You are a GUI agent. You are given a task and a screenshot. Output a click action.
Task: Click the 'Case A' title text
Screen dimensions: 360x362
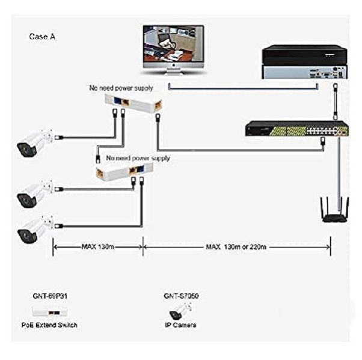point(42,37)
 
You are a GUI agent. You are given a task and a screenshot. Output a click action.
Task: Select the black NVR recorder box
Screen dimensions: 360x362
point(304,61)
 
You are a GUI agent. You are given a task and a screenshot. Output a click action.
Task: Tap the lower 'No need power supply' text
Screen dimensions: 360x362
point(138,158)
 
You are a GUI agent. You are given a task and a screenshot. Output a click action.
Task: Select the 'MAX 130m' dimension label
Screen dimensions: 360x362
point(98,246)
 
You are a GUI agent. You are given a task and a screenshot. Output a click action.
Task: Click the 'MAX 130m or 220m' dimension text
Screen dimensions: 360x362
point(236,246)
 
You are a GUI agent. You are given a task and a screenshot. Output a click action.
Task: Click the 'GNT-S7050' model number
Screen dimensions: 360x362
point(181,296)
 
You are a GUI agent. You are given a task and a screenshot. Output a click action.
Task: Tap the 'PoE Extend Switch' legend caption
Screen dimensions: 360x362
point(54,325)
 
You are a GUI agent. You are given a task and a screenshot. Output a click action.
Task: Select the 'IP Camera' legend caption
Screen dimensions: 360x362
point(181,325)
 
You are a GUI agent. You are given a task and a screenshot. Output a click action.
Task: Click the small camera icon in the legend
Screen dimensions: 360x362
point(180,311)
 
